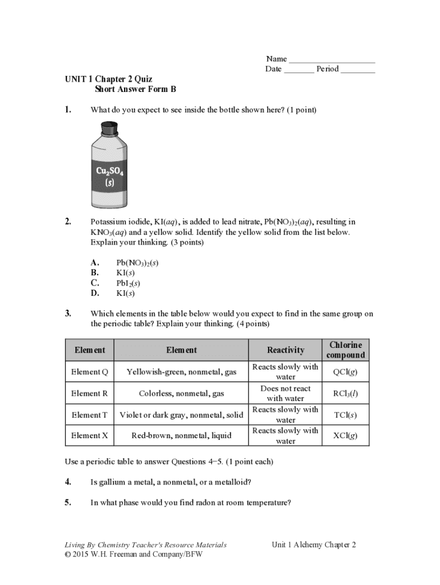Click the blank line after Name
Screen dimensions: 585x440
pos(332,60)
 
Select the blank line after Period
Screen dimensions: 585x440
pos(358,70)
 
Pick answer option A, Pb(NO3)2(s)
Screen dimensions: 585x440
pos(137,263)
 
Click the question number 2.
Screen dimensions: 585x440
pos(68,222)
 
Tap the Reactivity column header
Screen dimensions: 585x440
pos(286,350)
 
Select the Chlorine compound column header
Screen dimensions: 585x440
pos(346,350)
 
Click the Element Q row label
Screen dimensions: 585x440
pos(89,372)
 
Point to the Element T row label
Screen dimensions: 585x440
pos(89,415)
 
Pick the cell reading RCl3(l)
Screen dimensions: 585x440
pos(346,394)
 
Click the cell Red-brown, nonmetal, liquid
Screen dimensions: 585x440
pos(181,436)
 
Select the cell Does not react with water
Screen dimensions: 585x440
pos(286,394)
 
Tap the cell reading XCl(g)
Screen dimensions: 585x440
pos(346,436)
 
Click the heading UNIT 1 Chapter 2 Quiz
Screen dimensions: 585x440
pos(108,79)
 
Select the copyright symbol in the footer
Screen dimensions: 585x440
pos(67,555)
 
